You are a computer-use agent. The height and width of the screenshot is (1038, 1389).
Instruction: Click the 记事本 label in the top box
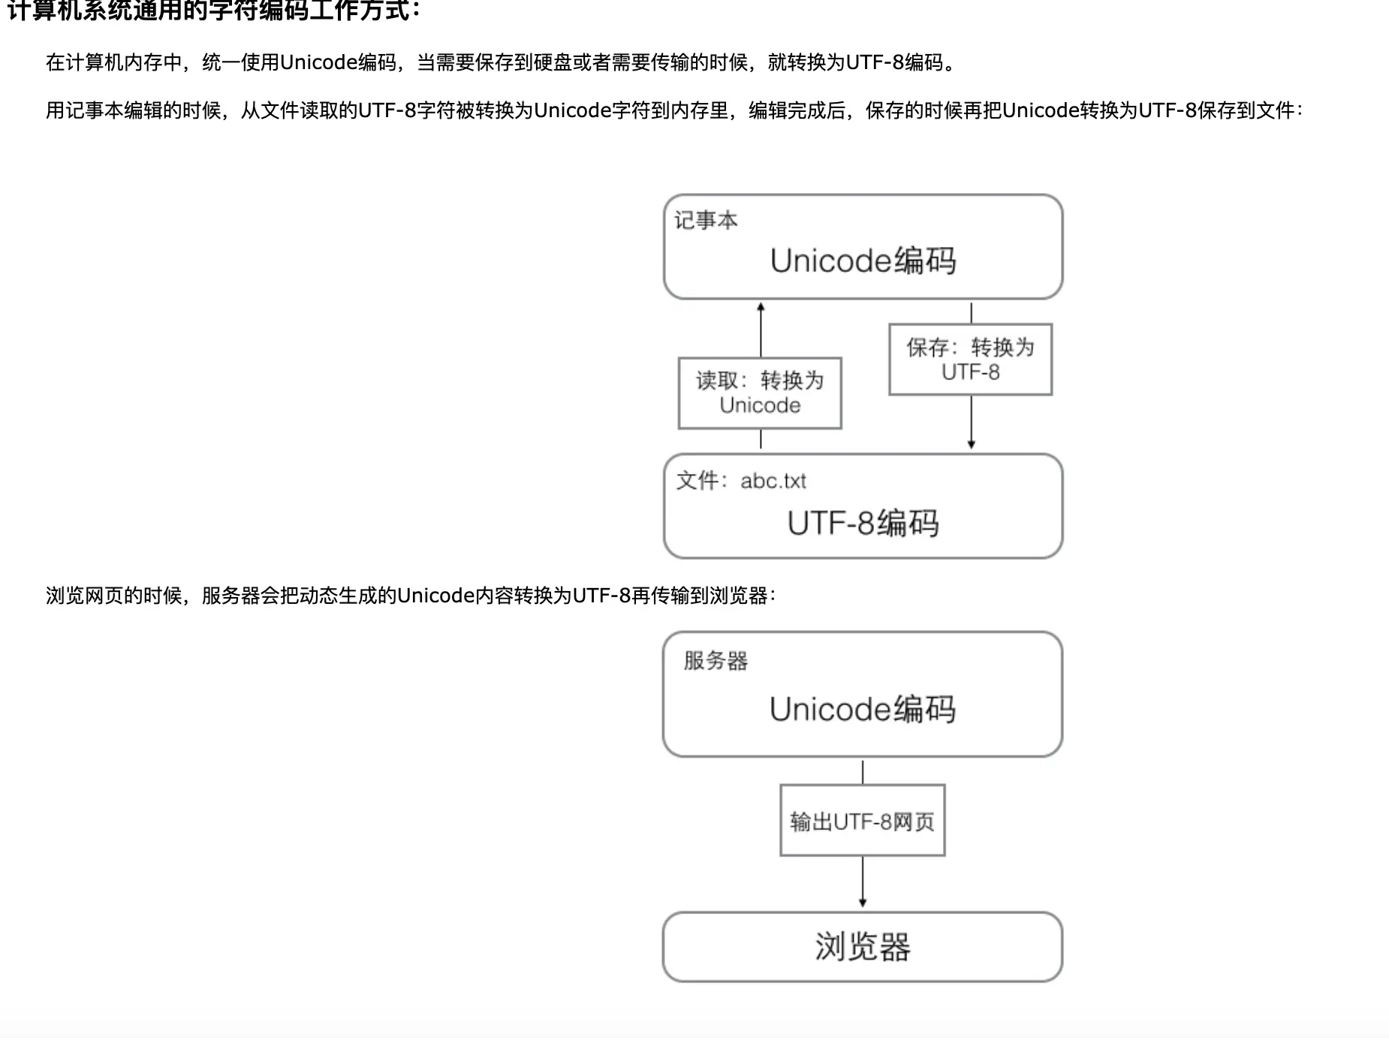tap(706, 221)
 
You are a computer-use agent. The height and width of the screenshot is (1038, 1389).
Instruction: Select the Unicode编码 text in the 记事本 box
tap(863, 261)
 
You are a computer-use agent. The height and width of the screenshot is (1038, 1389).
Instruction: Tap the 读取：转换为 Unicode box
tap(760, 393)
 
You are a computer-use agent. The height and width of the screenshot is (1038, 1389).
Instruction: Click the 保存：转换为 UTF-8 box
tap(970, 359)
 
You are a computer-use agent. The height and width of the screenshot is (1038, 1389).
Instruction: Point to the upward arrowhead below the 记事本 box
tap(761, 307)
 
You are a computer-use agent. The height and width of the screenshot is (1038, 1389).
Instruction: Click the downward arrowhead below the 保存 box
tap(971, 445)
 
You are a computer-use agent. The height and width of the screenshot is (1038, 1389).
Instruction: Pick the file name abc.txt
tap(773, 481)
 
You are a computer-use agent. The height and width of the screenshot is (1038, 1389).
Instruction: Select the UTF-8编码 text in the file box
tap(863, 523)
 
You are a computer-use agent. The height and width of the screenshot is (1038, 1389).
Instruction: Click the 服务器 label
tap(716, 661)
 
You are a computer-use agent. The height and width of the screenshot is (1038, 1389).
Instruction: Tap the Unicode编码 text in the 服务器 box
tap(863, 709)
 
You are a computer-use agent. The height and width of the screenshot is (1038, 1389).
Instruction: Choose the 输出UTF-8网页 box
tap(862, 821)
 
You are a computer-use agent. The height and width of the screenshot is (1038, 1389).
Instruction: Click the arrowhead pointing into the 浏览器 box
tap(863, 903)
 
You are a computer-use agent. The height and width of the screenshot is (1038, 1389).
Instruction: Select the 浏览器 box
tap(863, 946)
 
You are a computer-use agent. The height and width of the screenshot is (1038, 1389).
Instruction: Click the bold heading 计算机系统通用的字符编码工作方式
tap(214, 11)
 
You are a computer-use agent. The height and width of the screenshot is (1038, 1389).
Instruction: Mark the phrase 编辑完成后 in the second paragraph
tap(797, 110)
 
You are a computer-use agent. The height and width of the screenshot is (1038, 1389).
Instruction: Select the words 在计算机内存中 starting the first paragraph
tap(114, 62)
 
